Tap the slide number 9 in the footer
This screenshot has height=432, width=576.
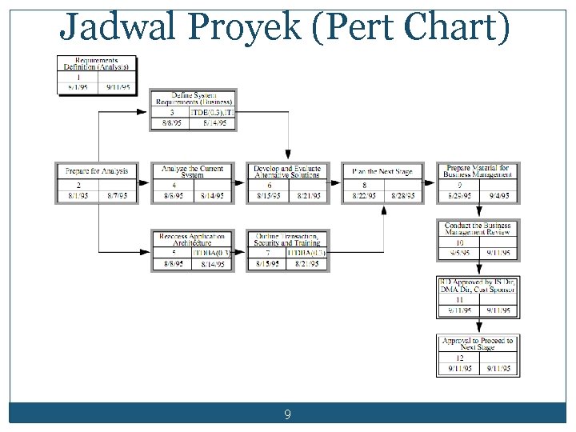pos(287,415)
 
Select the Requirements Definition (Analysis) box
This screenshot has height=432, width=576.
pos(97,63)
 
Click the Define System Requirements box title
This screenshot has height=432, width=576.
pos(193,98)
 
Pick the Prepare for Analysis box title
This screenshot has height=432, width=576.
pos(97,171)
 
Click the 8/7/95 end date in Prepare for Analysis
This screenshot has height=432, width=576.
pos(117,195)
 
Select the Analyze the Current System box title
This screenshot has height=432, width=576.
pos(193,171)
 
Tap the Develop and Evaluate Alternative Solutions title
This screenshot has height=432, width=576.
pos(287,171)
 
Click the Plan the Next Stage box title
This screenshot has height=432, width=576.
pos(383,171)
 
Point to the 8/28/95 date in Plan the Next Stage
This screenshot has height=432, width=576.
pos(403,195)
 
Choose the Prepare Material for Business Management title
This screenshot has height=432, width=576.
pos(478,171)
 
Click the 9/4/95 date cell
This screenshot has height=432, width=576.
pos(498,195)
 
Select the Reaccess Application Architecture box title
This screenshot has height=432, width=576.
pos(193,239)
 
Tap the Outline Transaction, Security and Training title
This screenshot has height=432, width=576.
pos(287,239)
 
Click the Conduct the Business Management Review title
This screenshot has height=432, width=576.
pos(478,230)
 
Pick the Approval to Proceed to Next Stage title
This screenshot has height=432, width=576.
pos(478,344)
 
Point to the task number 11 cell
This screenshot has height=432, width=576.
pos(459,300)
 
